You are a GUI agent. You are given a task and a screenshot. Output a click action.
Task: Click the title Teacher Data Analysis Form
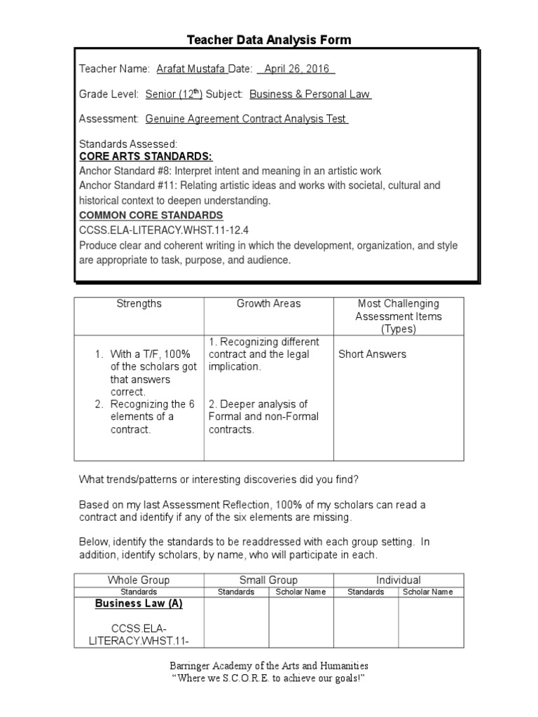(269, 40)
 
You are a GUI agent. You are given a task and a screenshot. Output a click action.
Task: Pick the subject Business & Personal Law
(310, 94)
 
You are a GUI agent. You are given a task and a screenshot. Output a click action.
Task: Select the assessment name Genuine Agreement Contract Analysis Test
(247, 119)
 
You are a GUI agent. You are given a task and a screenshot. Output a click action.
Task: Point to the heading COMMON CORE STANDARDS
(151, 215)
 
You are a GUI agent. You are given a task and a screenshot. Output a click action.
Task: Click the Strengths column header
(139, 304)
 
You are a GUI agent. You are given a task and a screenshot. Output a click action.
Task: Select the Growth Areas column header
(268, 304)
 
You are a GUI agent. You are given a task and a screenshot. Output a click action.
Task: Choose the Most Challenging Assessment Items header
(398, 316)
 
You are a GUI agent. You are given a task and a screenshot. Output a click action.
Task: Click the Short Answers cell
(372, 354)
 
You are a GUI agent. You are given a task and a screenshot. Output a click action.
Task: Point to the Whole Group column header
(138, 580)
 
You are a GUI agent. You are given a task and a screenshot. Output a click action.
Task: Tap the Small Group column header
(268, 580)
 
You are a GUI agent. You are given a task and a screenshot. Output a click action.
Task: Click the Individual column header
(398, 580)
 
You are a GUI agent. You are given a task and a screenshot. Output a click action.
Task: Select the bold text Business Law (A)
(139, 604)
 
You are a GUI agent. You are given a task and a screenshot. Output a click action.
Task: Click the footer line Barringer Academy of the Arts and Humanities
(269, 666)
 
